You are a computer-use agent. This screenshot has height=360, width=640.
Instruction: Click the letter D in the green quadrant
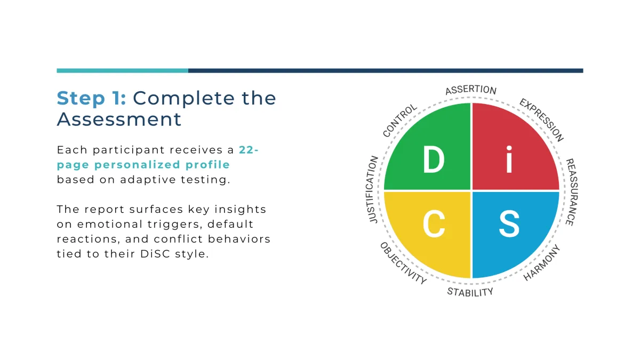pos(434,159)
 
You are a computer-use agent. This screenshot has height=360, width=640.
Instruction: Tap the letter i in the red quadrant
pos(509,159)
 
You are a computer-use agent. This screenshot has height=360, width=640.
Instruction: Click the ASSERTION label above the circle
pos(471,90)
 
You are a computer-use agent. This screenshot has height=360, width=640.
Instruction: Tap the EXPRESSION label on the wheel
pos(541,119)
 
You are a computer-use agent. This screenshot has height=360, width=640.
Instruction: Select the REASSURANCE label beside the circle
pos(572,192)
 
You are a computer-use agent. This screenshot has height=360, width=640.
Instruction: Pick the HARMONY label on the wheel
pos(541,263)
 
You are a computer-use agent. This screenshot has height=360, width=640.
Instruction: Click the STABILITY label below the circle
pos(470,292)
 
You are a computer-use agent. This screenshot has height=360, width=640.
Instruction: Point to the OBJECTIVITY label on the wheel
pos(403,263)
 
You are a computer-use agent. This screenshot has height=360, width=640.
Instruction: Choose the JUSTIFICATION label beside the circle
pos(372,189)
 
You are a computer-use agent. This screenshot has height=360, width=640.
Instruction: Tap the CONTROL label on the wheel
pos(399,121)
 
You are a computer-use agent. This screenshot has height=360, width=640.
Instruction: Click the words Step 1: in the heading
pos(91,98)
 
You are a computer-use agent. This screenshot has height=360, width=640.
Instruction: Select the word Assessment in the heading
pos(119,119)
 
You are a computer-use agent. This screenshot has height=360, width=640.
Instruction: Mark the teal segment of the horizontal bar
pos(122,70)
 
